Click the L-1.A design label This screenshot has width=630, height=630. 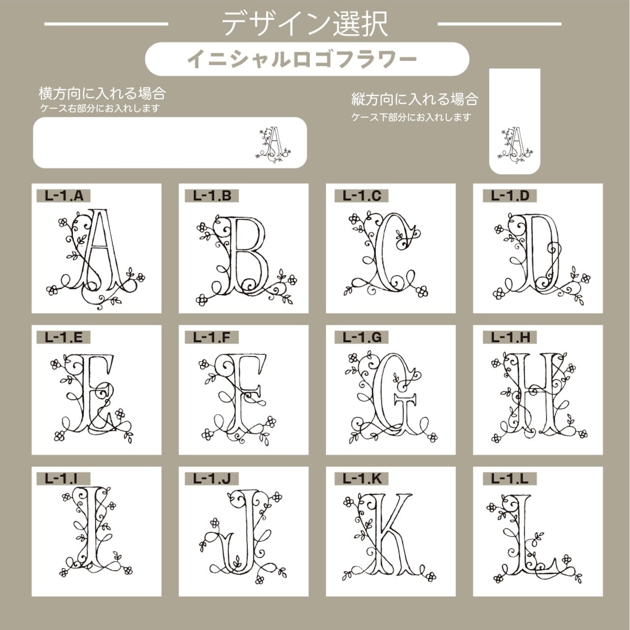click(x=63, y=196)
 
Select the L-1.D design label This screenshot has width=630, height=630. click(x=510, y=196)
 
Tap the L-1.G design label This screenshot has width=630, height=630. click(x=361, y=338)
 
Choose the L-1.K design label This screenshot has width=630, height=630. click(x=361, y=479)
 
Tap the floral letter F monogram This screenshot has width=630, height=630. click(x=237, y=399)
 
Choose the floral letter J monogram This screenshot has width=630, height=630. click(x=241, y=536)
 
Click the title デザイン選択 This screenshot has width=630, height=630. click(x=305, y=24)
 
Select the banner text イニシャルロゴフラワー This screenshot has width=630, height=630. click(x=302, y=59)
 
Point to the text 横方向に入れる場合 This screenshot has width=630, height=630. click(x=102, y=94)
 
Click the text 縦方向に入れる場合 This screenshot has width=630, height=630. click(x=415, y=99)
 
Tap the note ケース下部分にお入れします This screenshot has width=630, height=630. click(x=411, y=117)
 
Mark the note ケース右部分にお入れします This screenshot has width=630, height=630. click(x=100, y=108)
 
